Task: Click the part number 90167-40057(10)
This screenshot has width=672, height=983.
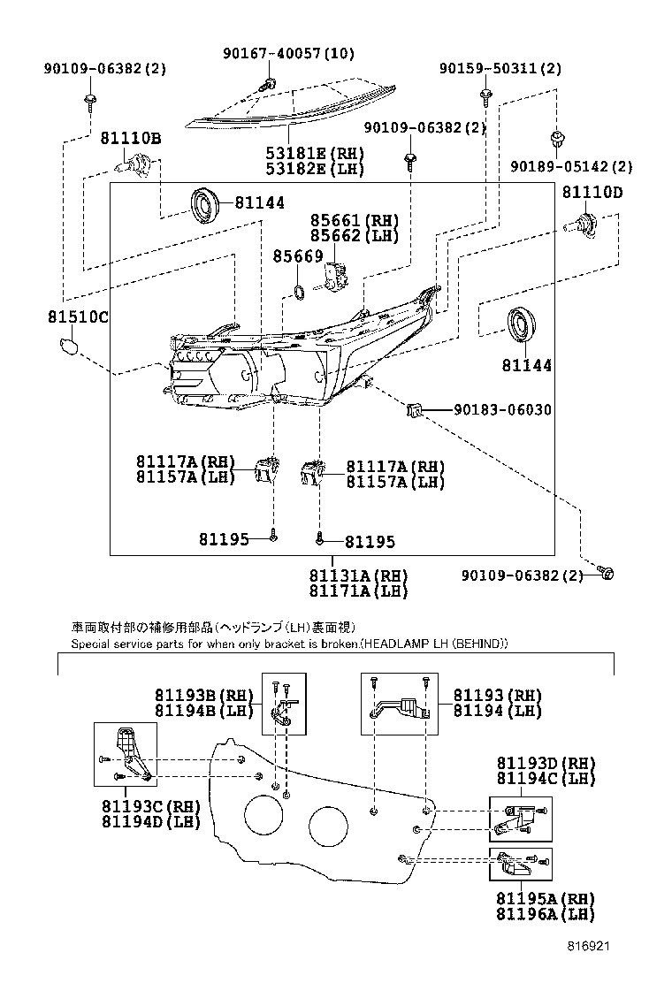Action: click(x=288, y=54)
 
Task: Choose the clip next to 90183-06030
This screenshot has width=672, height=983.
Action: click(x=414, y=409)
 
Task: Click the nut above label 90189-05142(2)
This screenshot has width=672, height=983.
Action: click(x=556, y=139)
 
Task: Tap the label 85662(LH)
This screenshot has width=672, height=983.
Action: click(x=354, y=236)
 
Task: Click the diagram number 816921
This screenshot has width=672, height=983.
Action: click(x=588, y=945)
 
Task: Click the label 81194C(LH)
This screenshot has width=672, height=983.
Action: click(x=545, y=778)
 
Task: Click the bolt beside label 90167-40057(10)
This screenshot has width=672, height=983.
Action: click(x=266, y=85)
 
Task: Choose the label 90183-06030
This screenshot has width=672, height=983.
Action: click(x=502, y=410)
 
